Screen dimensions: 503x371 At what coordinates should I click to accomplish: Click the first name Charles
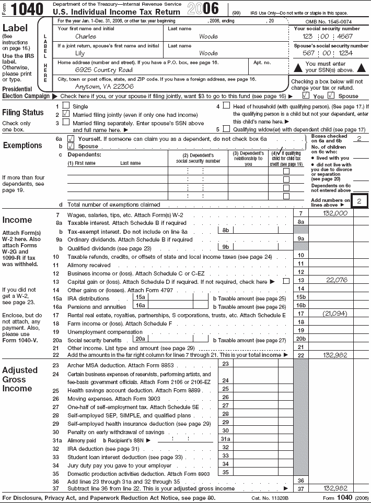point(86,37)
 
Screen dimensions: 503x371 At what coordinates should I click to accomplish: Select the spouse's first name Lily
point(80,53)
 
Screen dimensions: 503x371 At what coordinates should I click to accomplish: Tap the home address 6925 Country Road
point(103,69)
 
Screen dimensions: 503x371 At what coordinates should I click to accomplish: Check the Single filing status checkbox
point(66,105)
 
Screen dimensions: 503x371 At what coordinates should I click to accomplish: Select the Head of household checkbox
point(226,105)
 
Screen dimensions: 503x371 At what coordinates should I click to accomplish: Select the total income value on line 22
point(336,355)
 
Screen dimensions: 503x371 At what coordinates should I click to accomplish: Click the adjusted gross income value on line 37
point(336,488)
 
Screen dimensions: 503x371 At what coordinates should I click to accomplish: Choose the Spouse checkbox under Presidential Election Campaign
point(331,96)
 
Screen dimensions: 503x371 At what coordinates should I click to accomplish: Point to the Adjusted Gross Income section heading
point(20,379)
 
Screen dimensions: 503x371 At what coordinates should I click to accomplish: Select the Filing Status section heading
point(23,112)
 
